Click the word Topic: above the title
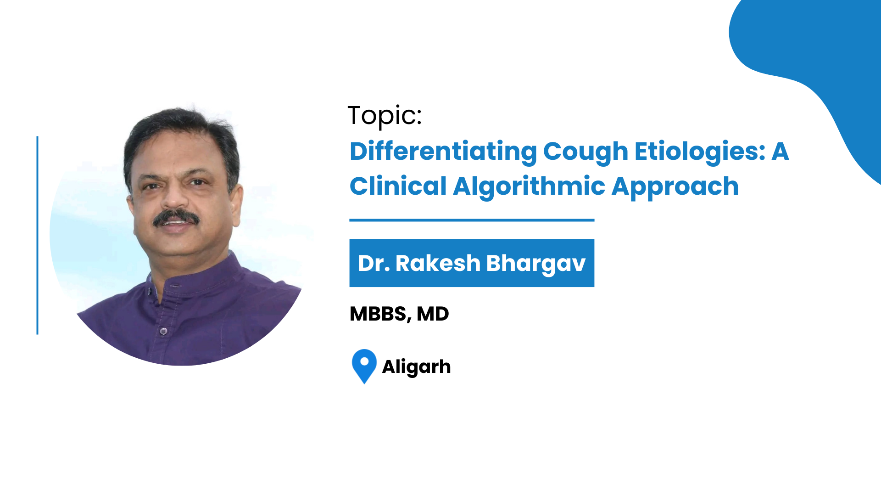[x=385, y=116]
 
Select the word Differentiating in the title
[x=443, y=152]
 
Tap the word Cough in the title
[x=585, y=152]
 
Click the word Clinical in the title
[x=398, y=186]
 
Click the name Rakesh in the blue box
[x=438, y=263]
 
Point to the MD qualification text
[x=433, y=314]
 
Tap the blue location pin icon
[x=364, y=366]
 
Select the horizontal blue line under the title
[x=472, y=220]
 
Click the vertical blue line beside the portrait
[x=37, y=235]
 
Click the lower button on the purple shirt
[x=163, y=331]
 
